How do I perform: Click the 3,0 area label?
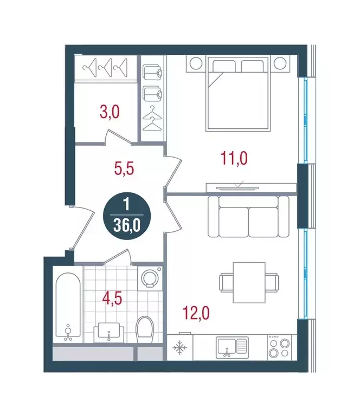(110, 113)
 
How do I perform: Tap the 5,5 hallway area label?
(124, 168)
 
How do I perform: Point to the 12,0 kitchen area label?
(195, 313)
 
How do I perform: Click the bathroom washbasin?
(110, 331)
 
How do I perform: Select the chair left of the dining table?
(226, 283)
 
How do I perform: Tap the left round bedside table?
(194, 63)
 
